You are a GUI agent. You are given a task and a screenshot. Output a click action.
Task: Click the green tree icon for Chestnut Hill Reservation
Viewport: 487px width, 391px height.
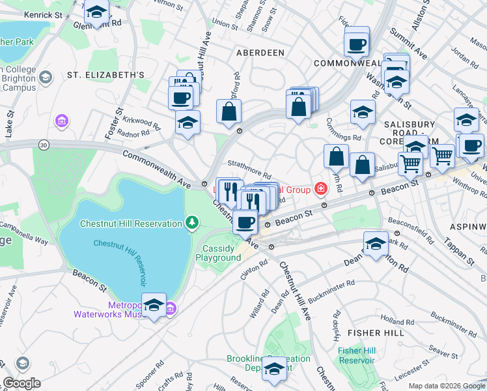(x=191, y=224)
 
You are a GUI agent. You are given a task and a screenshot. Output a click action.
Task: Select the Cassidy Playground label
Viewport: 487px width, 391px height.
(x=218, y=253)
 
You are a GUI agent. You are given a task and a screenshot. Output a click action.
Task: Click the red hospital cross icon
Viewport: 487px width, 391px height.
(x=320, y=190)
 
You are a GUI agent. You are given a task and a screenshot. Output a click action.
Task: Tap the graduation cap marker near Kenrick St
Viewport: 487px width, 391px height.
(x=97, y=13)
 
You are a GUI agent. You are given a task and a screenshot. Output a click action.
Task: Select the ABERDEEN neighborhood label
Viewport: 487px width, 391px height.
(x=260, y=52)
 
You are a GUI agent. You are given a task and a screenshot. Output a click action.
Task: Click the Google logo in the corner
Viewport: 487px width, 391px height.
(x=21, y=383)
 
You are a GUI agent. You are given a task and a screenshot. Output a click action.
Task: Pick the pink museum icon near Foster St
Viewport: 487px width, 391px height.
(x=62, y=121)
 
